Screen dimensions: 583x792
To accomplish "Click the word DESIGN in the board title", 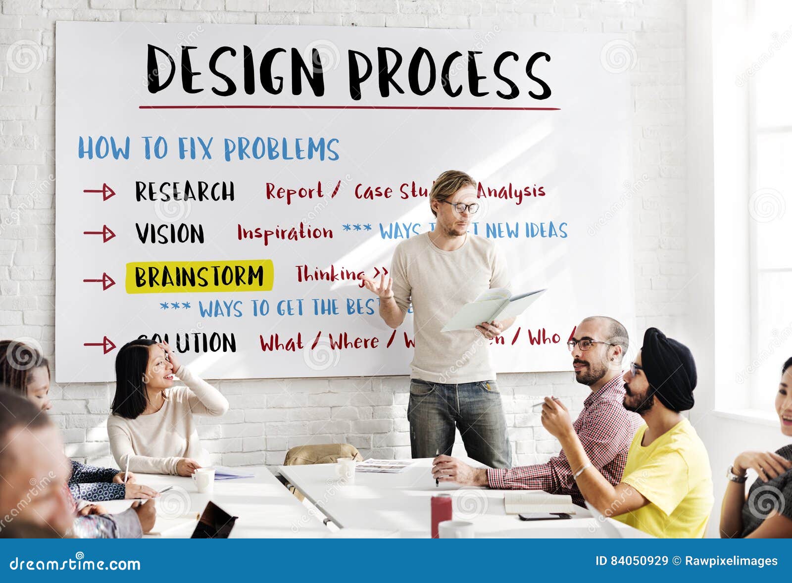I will (x=235, y=70).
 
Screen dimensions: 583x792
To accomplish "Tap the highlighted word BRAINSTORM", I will (x=199, y=276).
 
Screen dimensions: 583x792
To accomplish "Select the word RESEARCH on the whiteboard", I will (x=185, y=192).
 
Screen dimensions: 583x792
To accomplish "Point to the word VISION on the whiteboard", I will (x=169, y=234).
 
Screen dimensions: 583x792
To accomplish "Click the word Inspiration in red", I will (x=285, y=233).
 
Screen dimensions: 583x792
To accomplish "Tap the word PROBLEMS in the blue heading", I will (x=281, y=149).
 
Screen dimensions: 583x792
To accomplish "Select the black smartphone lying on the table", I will (x=538, y=516).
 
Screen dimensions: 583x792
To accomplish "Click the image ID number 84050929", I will (x=639, y=561).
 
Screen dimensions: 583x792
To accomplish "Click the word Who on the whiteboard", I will (x=544, y=338).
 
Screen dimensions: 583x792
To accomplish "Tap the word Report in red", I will (x=295, y=192).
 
